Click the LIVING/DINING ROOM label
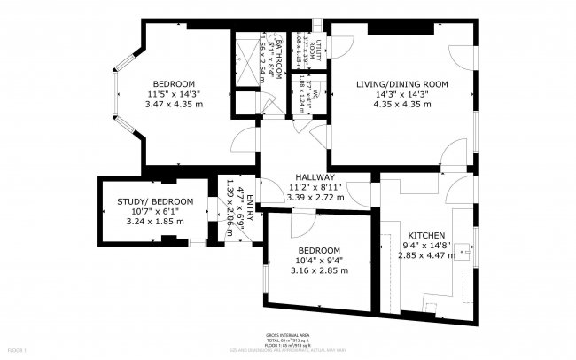tap(402, 83)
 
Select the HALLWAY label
tap(315, 176)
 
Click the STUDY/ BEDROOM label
tap(141, 201)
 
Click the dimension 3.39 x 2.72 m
tap(315, 197)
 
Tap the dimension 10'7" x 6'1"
tap(141, 212)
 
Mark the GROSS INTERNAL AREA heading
tap(287, 335)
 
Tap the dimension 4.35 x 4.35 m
tap(402, 104)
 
